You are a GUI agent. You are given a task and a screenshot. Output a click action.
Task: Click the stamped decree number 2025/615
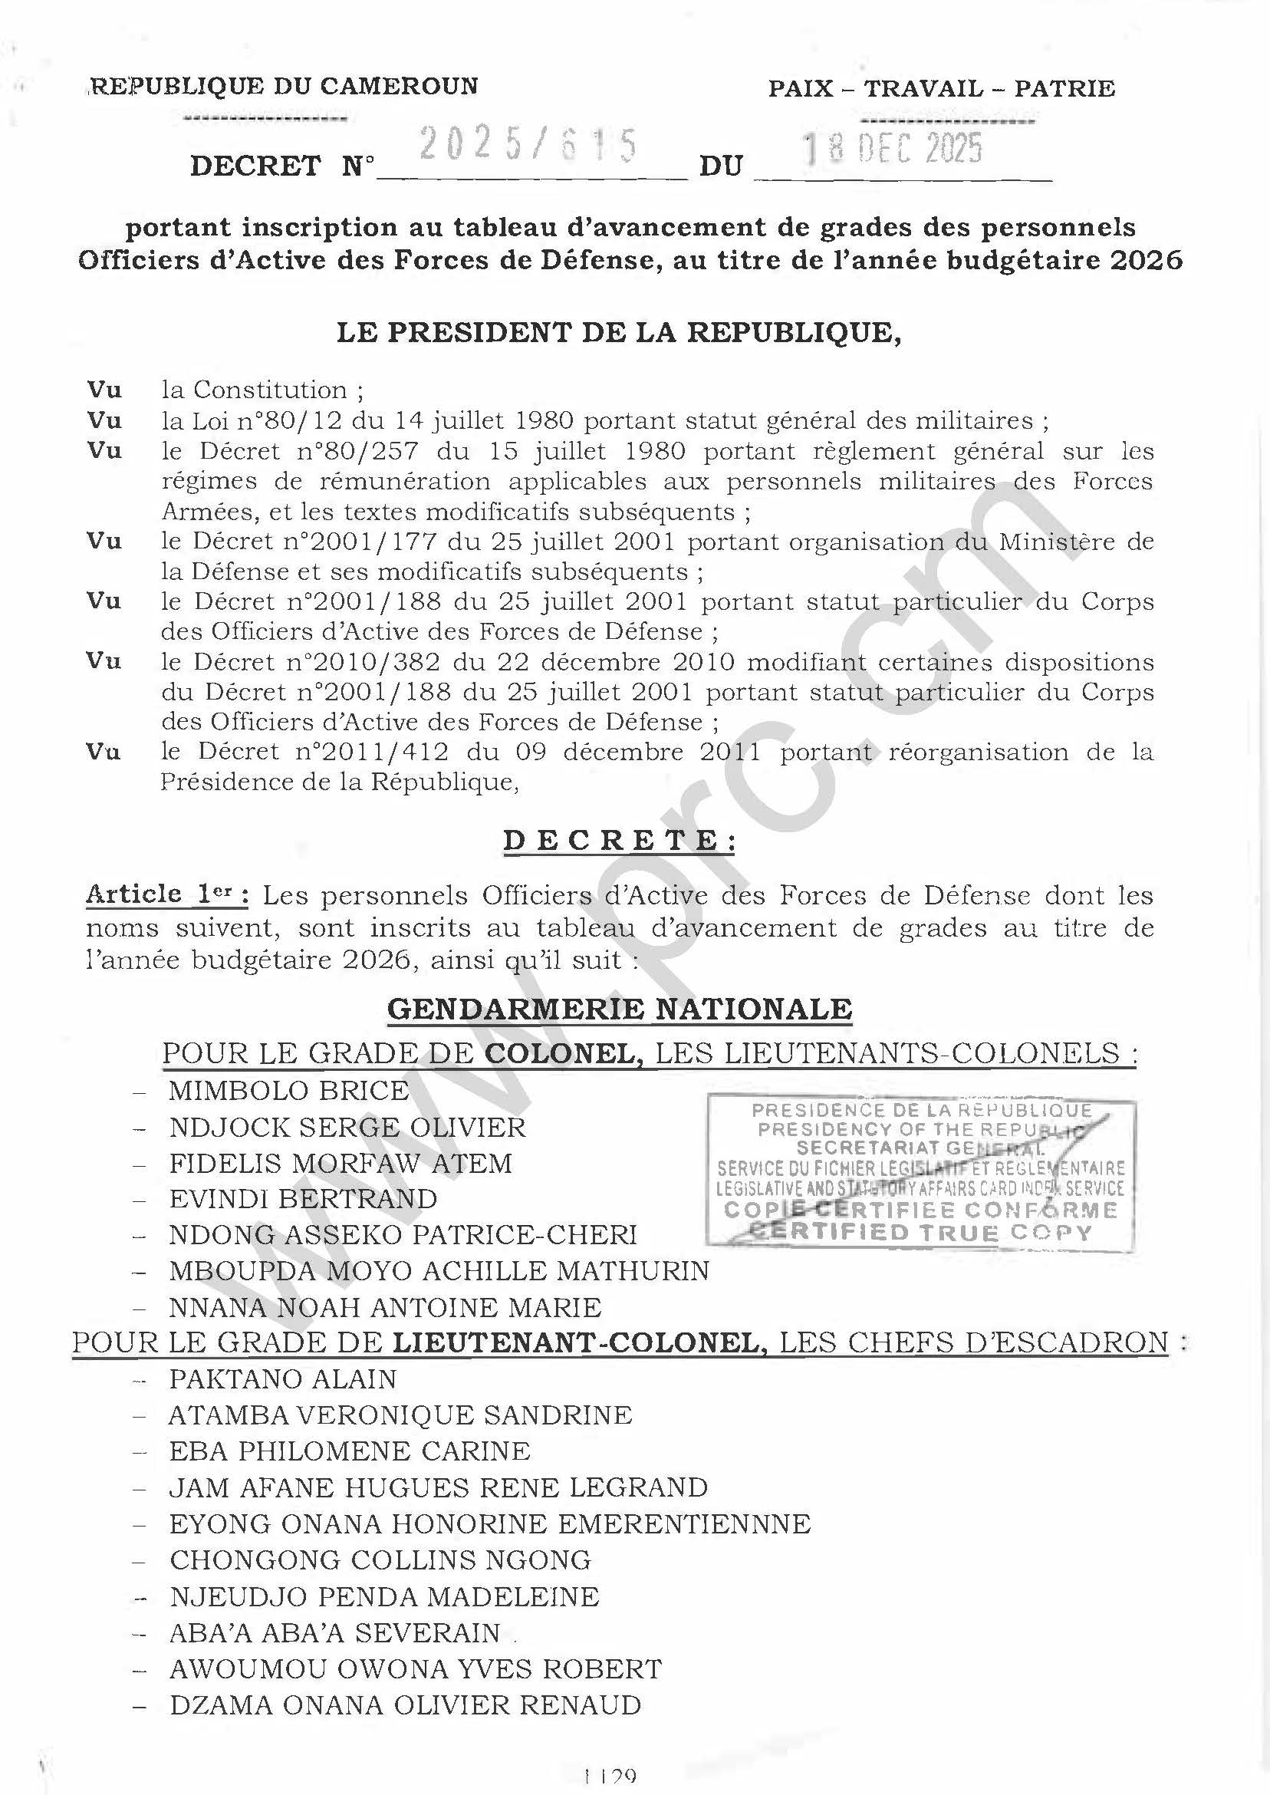(x=528, y=147)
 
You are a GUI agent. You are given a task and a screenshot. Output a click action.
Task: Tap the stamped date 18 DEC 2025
(x=894, y=149)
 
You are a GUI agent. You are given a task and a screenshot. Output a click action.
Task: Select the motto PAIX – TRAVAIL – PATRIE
(x=942, y=88)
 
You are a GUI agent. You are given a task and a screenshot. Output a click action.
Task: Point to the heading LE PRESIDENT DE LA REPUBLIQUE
(x=619, y=332)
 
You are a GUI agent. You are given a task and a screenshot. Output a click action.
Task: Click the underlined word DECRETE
(x=619, y=841)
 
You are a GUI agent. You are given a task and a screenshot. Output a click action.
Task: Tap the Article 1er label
(x=167, y=894)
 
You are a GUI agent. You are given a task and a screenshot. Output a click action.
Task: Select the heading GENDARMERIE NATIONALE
(x=620, y=1009)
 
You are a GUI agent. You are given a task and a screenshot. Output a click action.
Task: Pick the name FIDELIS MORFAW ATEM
(x=341, y=1163)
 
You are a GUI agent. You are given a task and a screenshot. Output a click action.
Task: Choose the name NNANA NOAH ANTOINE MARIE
(x=385, y=1307)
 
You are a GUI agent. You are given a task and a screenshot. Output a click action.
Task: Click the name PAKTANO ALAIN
(x=283, y=1379)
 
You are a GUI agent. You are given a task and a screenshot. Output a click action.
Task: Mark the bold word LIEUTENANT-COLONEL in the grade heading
(x=574, y=1343)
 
